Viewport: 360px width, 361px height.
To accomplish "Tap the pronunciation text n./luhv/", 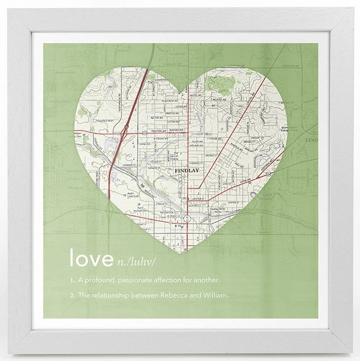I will point(135,261).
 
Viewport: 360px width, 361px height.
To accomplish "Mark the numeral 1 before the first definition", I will point(71,280).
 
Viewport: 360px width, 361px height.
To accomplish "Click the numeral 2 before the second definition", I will point(71,295).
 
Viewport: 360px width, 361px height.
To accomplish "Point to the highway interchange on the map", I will point(124,132).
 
